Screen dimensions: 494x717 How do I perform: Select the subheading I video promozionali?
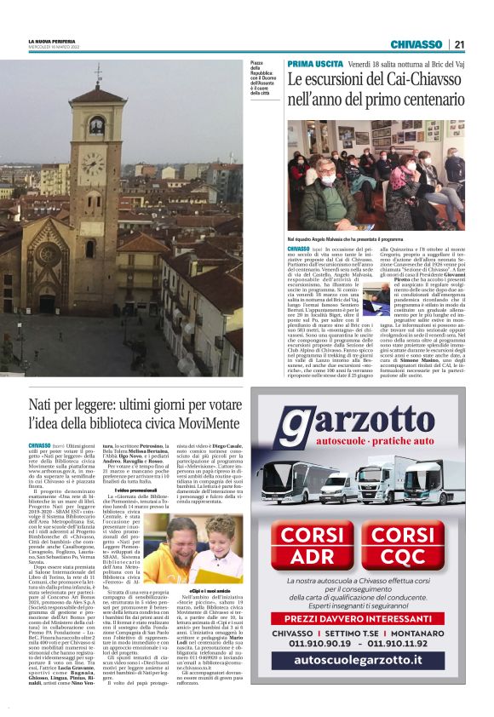[137, 467]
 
